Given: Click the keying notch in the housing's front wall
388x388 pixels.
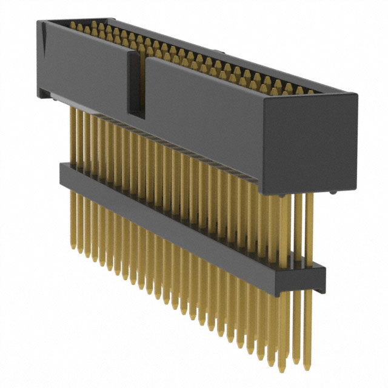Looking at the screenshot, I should [x=136, y=85].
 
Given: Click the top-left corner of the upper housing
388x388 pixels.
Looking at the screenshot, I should [x=39, y=22].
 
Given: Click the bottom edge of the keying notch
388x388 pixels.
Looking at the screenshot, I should [x=136, y=116].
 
